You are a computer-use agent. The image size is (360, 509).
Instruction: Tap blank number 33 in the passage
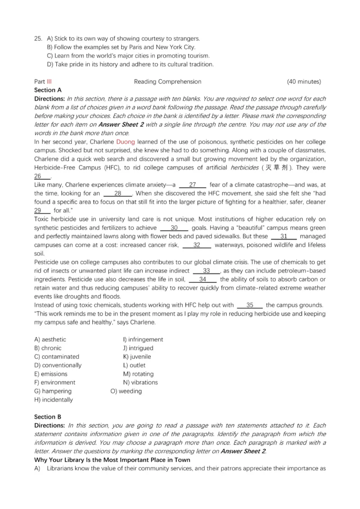[207, 271]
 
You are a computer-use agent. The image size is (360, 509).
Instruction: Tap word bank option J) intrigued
[138, 348]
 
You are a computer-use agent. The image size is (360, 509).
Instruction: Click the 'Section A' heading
[48, 90]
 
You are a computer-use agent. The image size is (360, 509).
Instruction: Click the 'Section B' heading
[48, 417]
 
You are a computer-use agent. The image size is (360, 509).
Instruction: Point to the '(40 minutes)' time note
[304, 81]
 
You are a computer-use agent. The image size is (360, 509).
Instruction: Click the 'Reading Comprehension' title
[167, 81]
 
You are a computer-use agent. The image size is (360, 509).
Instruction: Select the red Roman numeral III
[49, 81]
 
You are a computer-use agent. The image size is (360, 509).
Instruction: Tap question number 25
[38, 39]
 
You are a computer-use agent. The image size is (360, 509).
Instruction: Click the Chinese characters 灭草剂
[279, 168]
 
